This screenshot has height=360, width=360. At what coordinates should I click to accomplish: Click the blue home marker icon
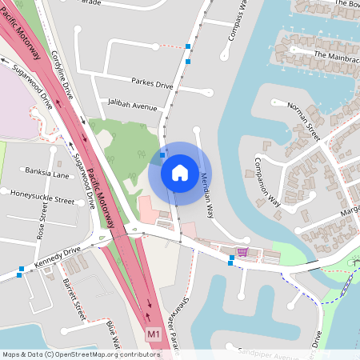pyautogui.click(x=179, y=172)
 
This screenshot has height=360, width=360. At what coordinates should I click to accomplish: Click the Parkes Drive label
pyautogui.click(x=152, y=83)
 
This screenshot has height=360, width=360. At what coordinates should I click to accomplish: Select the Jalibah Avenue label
pyautogui.click(x=133, y=104)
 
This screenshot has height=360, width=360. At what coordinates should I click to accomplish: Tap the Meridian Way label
pyautogui.click(x=207, y=195)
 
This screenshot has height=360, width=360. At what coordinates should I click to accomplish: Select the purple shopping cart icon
pyautogui.click(x=242, y=252)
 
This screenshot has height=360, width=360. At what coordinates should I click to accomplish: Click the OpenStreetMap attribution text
pyautogui.click(x=80, y=354)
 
